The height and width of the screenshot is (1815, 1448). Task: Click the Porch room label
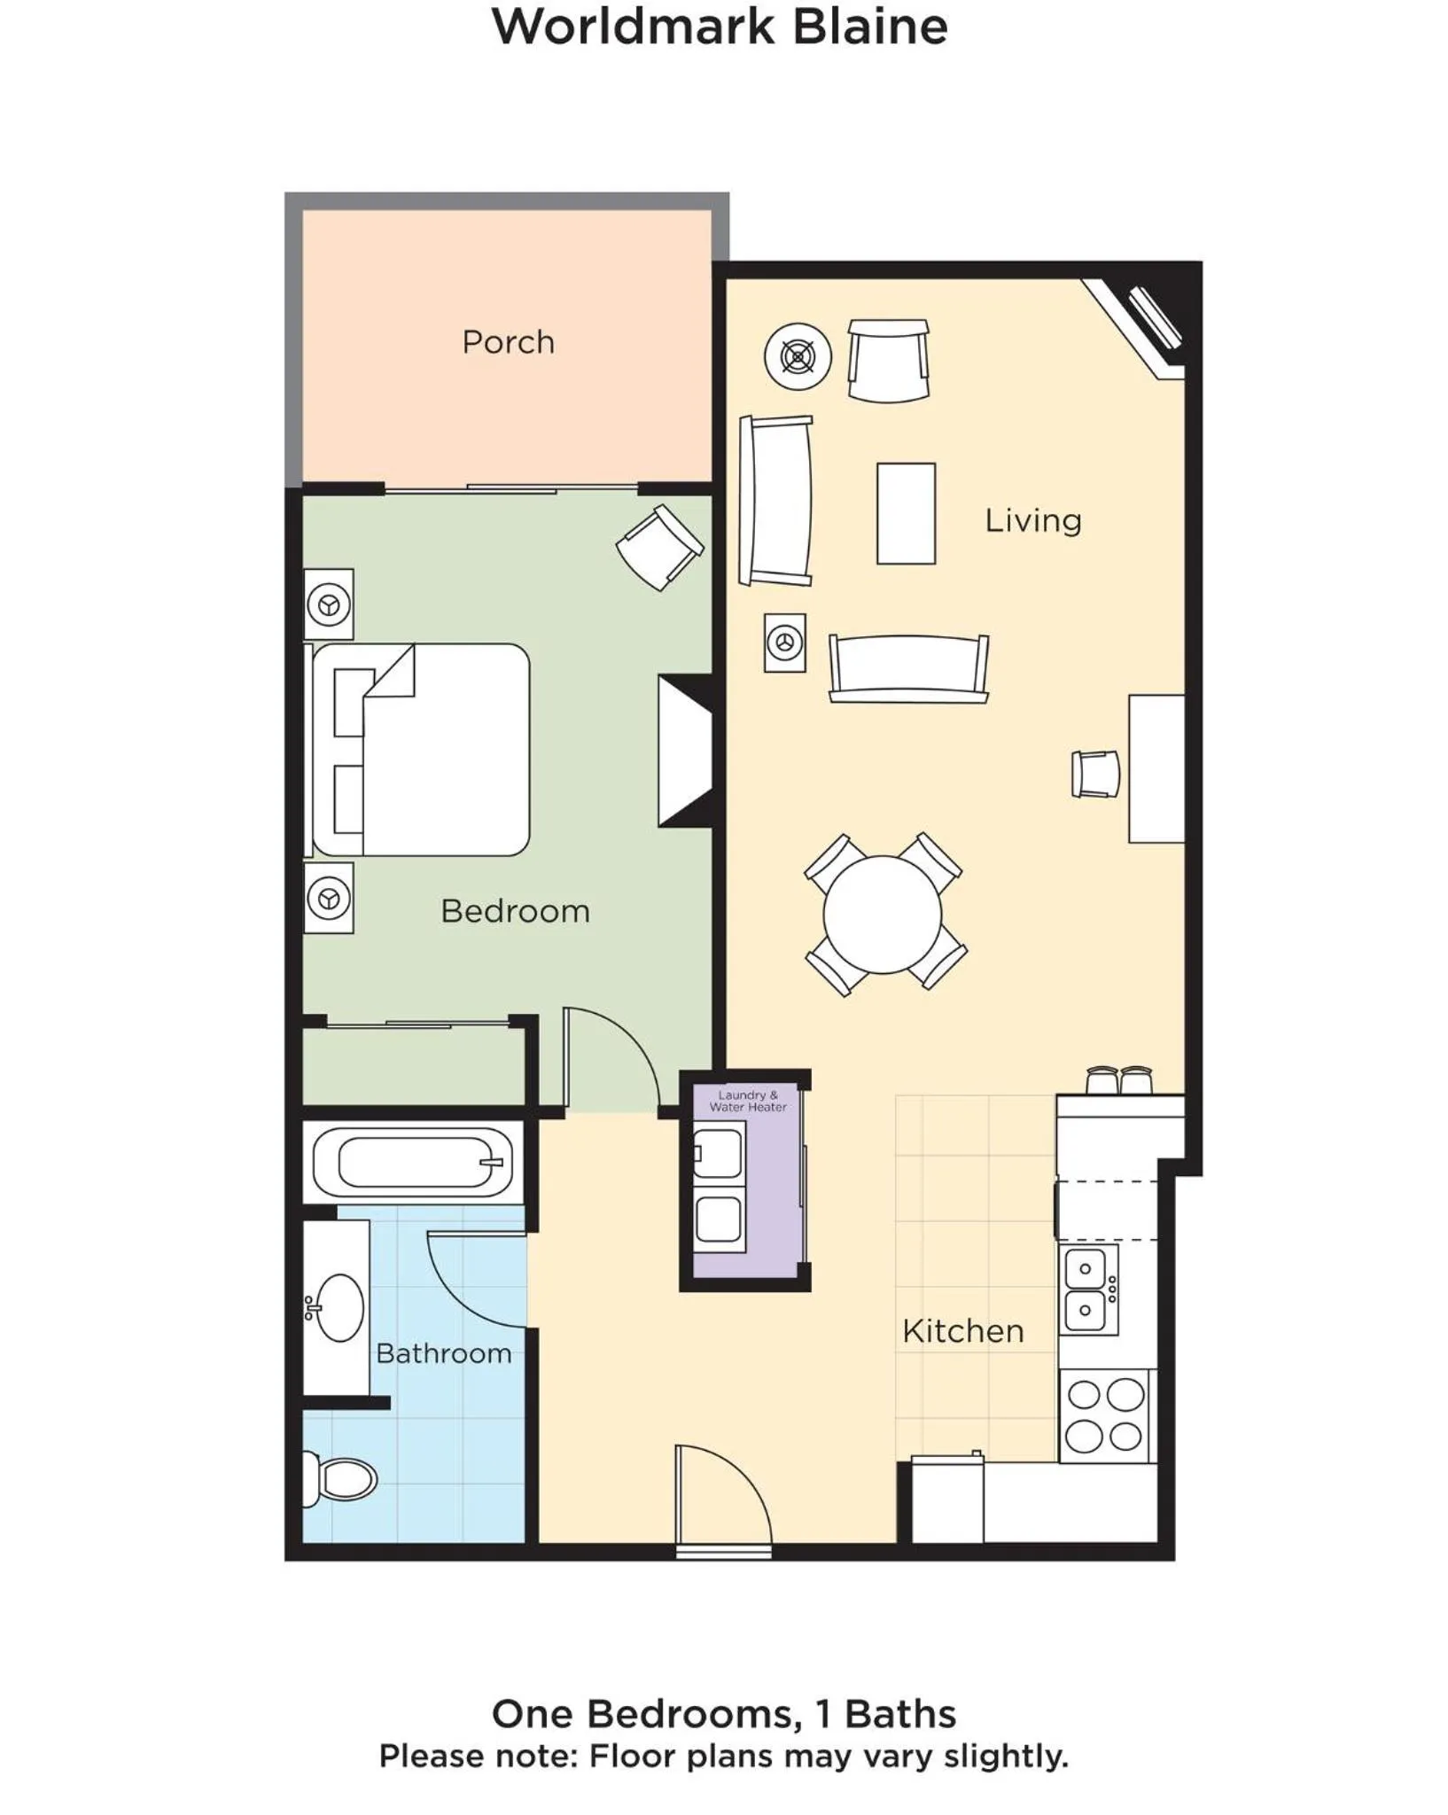point(508,342)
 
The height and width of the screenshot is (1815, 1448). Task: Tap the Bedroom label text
point(515,911)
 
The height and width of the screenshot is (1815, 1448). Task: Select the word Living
point(1033,520)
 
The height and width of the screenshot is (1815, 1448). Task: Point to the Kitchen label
point(963,1331)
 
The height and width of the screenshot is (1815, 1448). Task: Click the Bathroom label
point(444,1353)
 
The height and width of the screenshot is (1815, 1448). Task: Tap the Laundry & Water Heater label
point(748,1101)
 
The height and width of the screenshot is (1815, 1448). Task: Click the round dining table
point(883,914)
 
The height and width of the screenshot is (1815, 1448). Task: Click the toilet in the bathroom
point(342,1479)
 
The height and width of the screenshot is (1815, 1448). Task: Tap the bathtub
point(413,1162)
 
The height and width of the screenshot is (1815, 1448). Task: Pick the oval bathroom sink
point(339,1307)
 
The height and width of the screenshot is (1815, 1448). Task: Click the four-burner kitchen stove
point(1104,1415)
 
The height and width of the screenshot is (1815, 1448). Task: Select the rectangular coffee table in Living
point(906,513)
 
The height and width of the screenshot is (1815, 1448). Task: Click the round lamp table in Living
point(798,356)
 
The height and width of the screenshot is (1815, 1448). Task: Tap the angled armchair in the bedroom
point(660,547)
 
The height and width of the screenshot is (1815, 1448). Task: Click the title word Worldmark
point(634,27)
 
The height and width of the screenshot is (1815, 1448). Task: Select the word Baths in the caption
point(900,1714)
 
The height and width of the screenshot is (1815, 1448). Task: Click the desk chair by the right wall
point(1095,774)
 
